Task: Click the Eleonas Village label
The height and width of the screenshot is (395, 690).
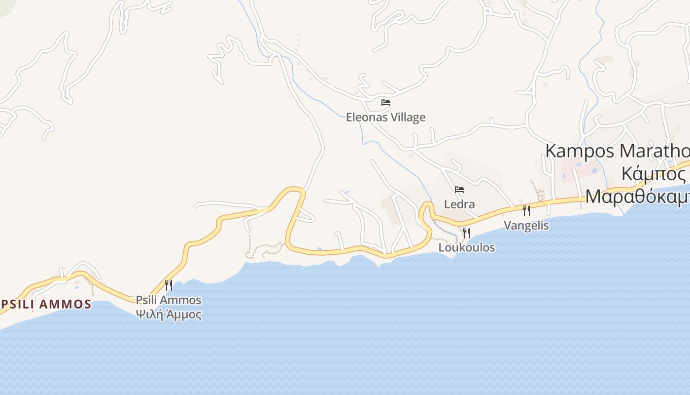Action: pyautogui.click(x=385, y=118)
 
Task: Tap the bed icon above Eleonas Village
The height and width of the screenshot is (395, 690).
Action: pyautogui.click(x=386, y=103)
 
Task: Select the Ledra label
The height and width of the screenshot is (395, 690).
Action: pyautogui.click(x=459, y=204)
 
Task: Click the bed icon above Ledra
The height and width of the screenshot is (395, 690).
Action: pyautogui.click(x=459, y=190)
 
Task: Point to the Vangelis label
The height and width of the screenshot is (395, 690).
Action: pyautogui.click(x=526, y=226)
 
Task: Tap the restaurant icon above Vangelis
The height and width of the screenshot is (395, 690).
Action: pyautogui.click(x=526, y=211)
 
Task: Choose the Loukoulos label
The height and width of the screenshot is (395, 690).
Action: pyautogui.click(x=466, y=247)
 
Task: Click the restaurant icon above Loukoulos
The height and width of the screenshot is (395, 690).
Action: pyautogui.click(x=466, y=233)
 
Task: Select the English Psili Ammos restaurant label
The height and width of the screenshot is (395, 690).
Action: pyautogui.click(x=169, y=300)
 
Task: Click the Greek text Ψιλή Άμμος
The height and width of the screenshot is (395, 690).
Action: pyautogui.click(x=169, y=315)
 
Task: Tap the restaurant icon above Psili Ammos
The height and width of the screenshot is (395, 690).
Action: pyautogui.click(x=169, y=285)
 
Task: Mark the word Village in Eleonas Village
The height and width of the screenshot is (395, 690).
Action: pyautogui.click(x=406, y=118)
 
